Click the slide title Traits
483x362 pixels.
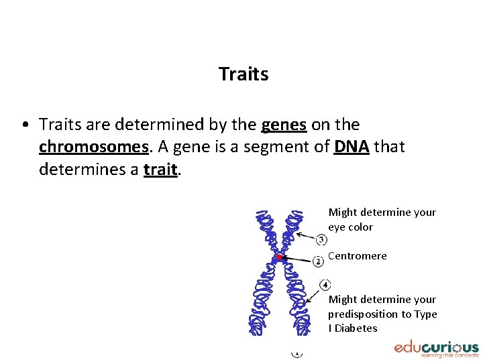point(243,74)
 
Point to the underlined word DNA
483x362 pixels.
point(351,147)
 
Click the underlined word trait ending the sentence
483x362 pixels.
point(160,170)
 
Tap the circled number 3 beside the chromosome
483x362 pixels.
point(322,239)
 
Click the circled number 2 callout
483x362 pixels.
point(319,261)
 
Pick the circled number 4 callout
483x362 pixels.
point(325,285)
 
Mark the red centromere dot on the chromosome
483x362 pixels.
point(279,257)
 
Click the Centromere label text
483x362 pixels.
point(357,255)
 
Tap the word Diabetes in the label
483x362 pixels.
point(356,328)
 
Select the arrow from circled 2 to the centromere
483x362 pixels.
point(297,259)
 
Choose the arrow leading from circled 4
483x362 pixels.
point(313,295)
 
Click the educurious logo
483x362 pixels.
point(436,349)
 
